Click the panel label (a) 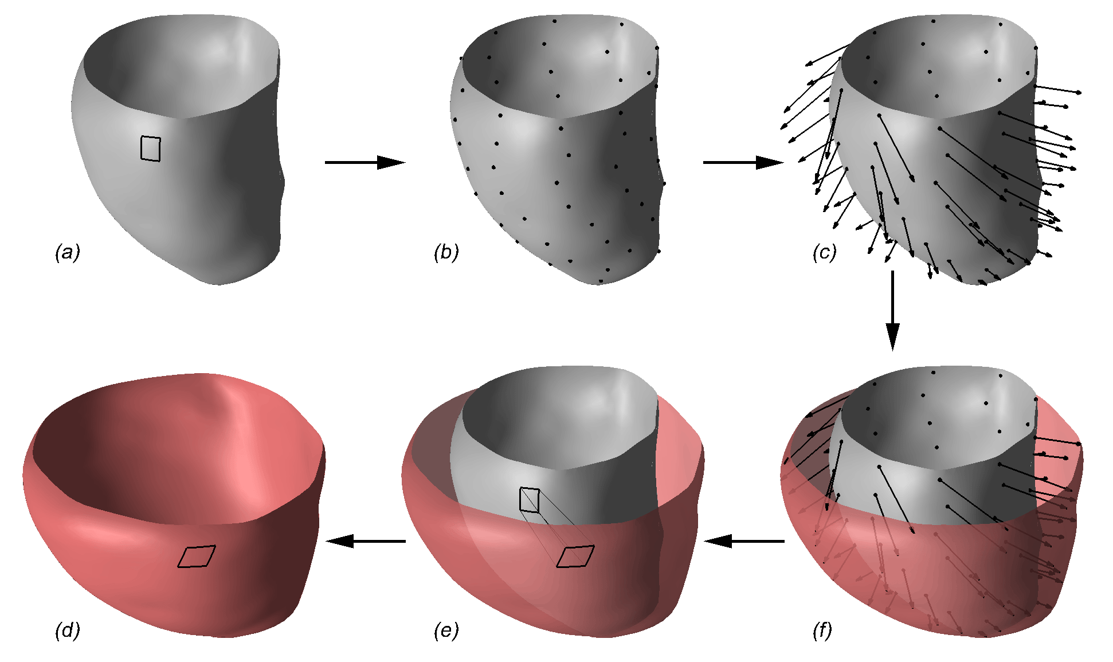pyautogui.click(x=68, y=252)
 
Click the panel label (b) pyautogui.click(x=446, y=252)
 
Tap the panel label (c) pyautogui.click(x=825, y=252)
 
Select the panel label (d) pyautogui.click(x=68, y=630)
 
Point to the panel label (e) pyautogui.click(x=446, y=630)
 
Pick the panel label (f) pyautogui.click(x=822, y=630)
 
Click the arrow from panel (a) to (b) pyautogui.click(x=365, y=163)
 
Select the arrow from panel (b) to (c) pyautogui.click(x=743, y=163)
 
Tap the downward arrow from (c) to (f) pyautogui.click(x=892, y=310)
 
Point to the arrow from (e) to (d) pyautogui.click(x=366, y=541)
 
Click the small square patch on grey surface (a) pyautogui.click(x=151, y=148)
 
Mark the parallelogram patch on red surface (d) pyautogui.click(x=197, y=557)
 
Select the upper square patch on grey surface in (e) pyautogui.click(x=530, y=500)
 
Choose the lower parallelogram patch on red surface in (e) pyautogui.click(x=575, y=557)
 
